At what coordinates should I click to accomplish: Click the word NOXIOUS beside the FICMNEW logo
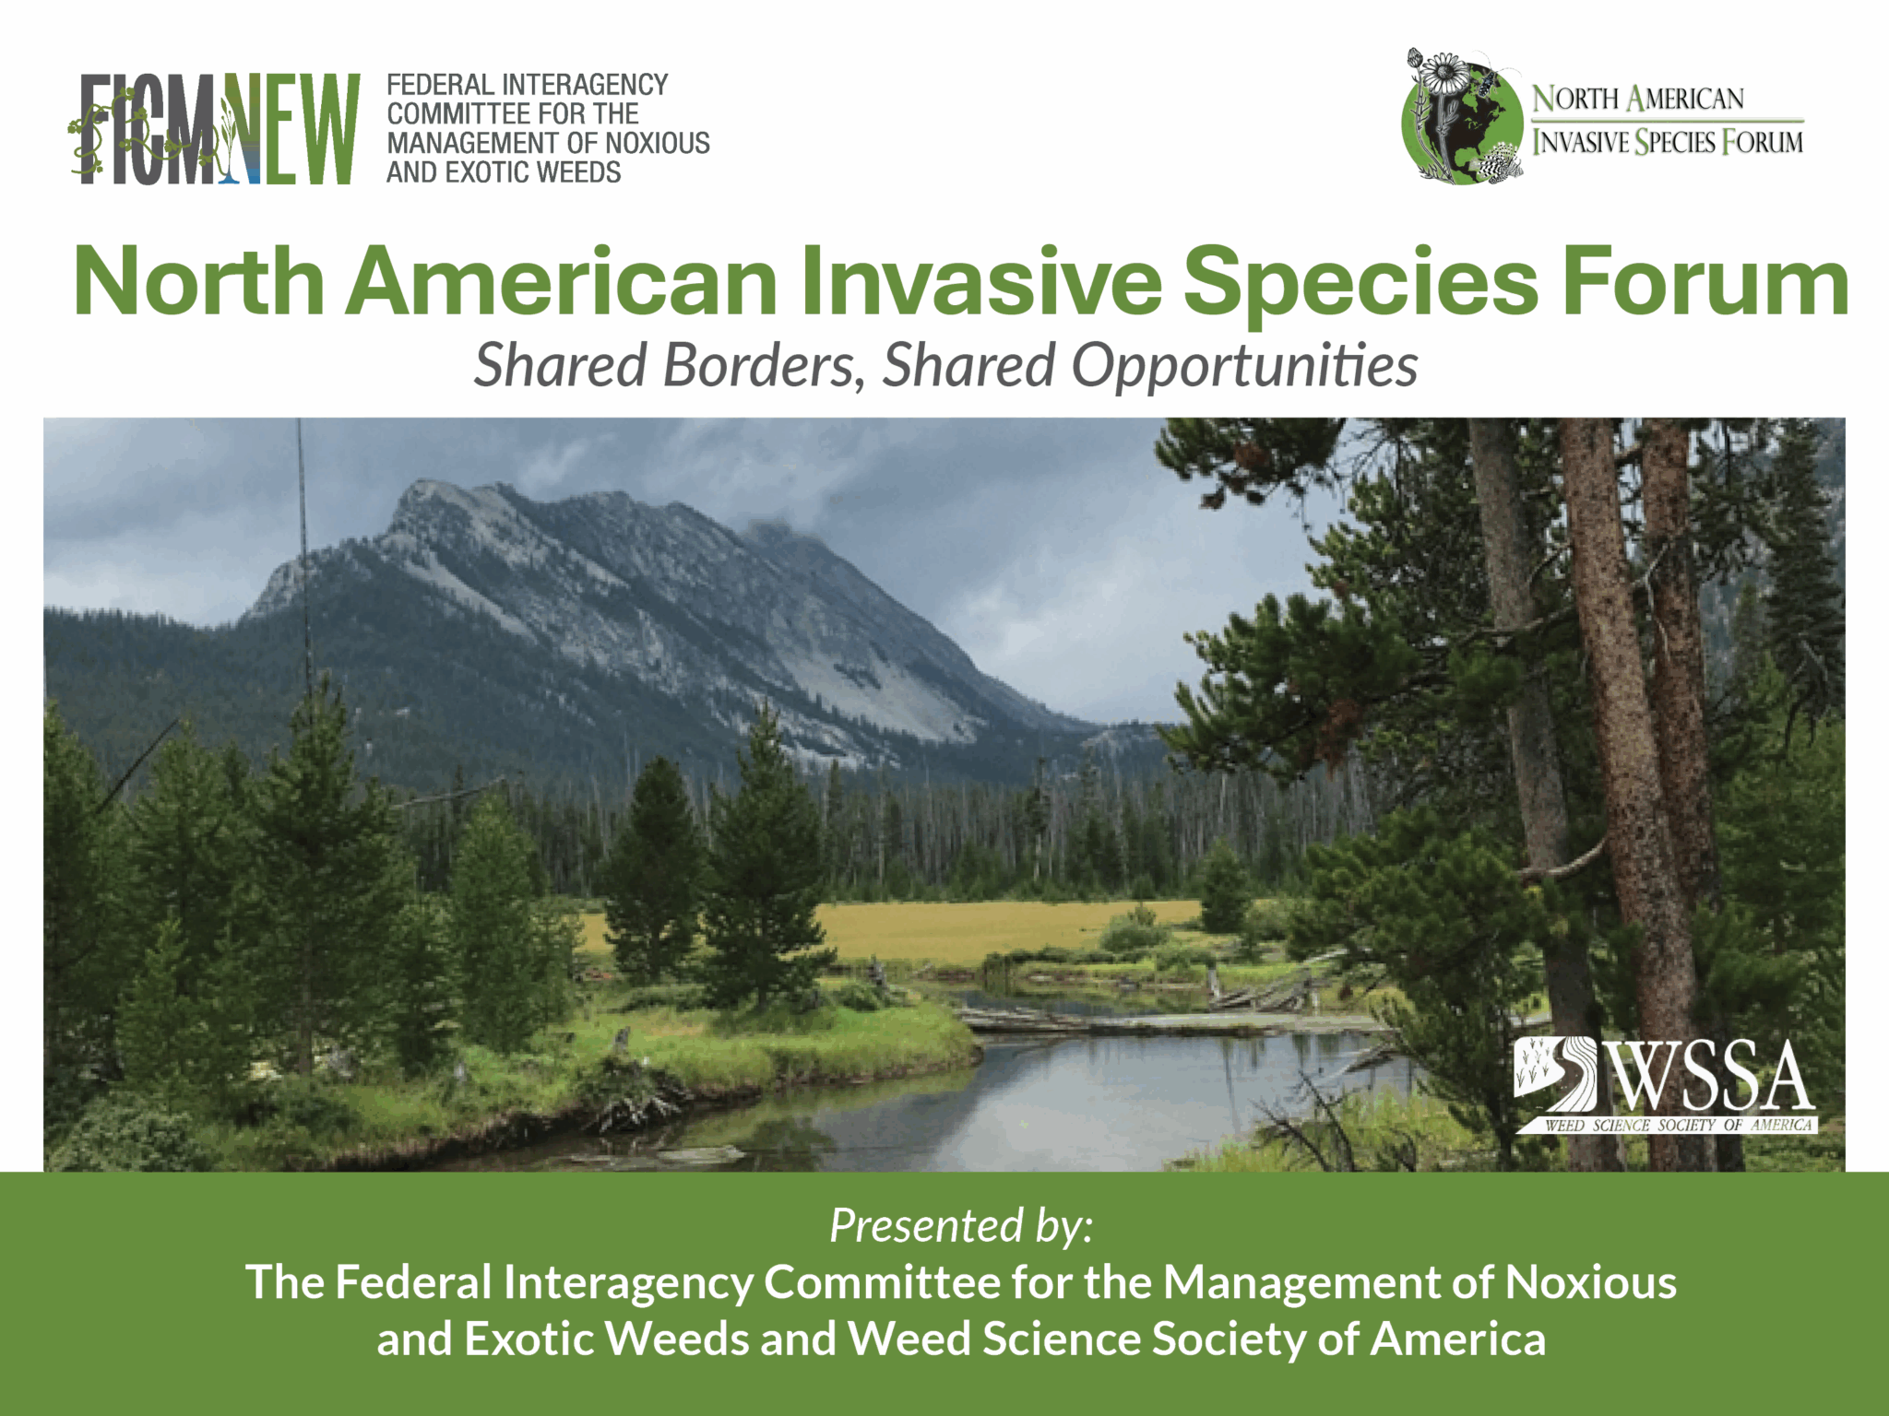(x=657, y=143)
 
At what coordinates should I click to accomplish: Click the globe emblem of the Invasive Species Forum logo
(x=1464, y=120)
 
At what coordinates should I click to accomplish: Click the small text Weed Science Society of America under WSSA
(x=1679, y=1126)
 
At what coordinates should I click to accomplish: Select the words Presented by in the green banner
(x=961, y=1227)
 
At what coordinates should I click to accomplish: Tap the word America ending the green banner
(x=1457, y=1339)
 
